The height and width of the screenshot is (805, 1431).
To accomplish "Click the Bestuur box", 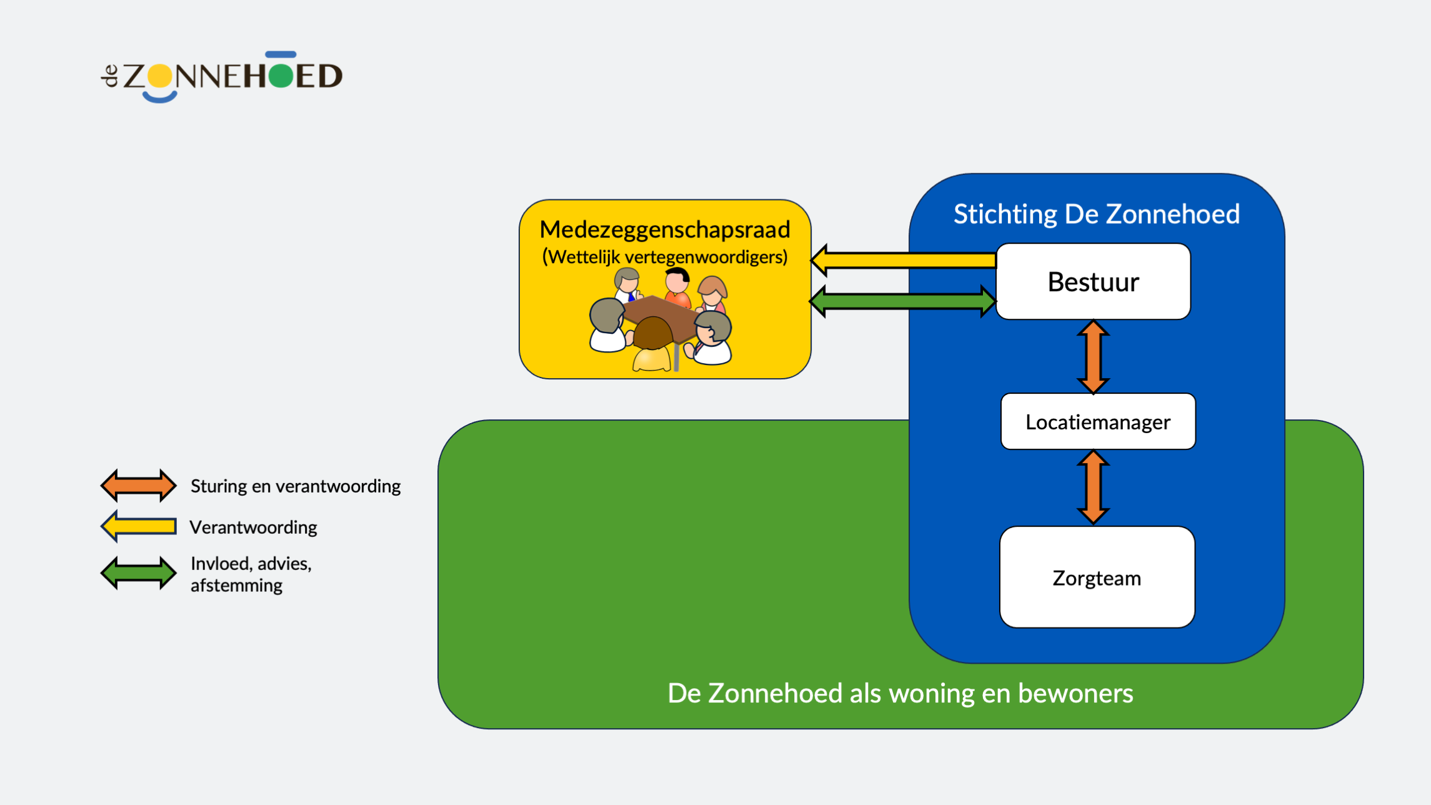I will pyautogui.click(x=1093, y=282).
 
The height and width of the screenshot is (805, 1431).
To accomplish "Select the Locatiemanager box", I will pyautogui.click(x=1098, y=422).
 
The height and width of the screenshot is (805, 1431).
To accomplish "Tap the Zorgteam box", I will pyautogui.click(x=1097, y=577).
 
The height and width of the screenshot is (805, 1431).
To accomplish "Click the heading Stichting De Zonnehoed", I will pyautogui.click(x=1096, y=214).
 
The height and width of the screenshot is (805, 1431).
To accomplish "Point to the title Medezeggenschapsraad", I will pyautogui.click(x=665, y=229).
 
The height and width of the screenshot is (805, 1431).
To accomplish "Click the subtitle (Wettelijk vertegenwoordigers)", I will pyautogui.click(x=665, y=257).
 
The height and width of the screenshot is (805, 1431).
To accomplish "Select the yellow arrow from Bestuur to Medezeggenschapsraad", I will pyautogui.click(x=904, y=260).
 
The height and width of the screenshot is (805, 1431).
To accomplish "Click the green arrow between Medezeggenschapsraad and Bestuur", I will pyautogui.click(x=903, y=302).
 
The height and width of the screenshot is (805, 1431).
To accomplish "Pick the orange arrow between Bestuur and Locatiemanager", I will pyautogui.click(x=1093, y=357).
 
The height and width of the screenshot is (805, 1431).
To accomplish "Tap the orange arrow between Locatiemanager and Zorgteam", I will pyautogui.click(x=1093, y=487).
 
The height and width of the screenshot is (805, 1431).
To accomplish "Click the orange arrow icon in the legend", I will pyautogui.click(x=139, y=486).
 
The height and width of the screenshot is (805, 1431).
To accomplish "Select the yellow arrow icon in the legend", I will pyautogui.click(x=139, y=526).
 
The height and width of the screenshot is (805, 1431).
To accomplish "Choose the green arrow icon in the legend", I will pyautogui.click(x=139, y=573).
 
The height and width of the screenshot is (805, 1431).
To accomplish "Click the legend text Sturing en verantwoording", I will pyautogui.click(x=296, y=486).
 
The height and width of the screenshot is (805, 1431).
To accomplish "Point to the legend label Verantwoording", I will pyautogui.click(x=254, y=527).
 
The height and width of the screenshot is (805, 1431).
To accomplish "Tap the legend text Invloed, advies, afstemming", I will pyautogui.click(x=251, y=574).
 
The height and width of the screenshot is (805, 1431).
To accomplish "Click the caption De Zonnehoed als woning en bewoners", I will pyautogui.click(x=900, y=694).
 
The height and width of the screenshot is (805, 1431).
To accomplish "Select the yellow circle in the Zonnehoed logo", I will pyautogui.click(x=160, y=76).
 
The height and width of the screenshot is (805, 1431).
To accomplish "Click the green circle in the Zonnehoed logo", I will pyautogui.click(x=281, y=76).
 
